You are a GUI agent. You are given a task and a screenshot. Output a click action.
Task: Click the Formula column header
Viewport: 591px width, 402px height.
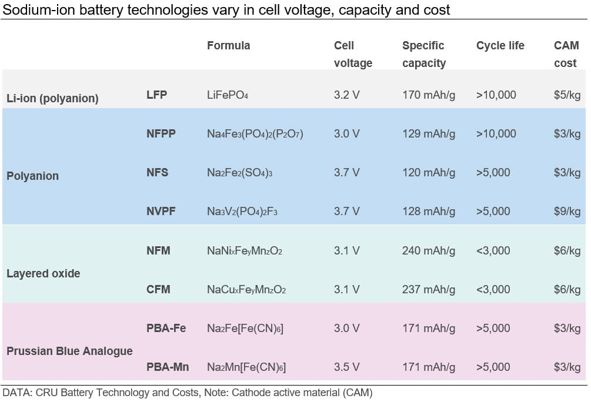point(228,46)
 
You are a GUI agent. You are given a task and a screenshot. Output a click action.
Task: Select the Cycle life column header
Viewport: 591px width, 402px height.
point(500,46)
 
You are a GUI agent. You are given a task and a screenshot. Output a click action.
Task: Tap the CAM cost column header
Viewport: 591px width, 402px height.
point(566,54)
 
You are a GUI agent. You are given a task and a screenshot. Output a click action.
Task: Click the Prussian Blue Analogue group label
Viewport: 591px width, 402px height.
point(69,351)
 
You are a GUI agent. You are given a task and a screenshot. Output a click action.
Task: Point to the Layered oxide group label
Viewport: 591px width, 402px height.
point(44,273)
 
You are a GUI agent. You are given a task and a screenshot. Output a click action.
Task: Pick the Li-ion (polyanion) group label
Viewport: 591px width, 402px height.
point(52,98)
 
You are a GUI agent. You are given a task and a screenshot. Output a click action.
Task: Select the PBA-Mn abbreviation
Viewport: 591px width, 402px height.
point(167,367)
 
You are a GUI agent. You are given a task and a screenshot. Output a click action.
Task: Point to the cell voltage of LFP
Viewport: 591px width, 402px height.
point(346,95)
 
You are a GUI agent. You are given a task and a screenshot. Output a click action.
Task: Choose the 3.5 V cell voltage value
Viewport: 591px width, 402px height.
point(346,367)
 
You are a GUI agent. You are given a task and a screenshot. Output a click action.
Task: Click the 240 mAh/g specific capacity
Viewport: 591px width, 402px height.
point(429,251)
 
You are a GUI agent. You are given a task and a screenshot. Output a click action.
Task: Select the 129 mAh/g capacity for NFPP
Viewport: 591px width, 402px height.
point(429,134)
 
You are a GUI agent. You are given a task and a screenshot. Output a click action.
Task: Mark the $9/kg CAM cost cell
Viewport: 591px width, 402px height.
point(567,212)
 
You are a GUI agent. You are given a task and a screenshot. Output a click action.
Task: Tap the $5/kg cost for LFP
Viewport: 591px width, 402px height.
point(567,95)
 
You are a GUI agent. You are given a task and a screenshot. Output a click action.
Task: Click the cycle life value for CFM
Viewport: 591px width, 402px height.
point(493,290)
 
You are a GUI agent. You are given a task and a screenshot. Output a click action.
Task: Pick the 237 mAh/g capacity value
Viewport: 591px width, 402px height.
point(429,290)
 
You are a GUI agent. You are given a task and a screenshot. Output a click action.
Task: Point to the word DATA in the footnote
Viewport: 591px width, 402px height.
point(16,392)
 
